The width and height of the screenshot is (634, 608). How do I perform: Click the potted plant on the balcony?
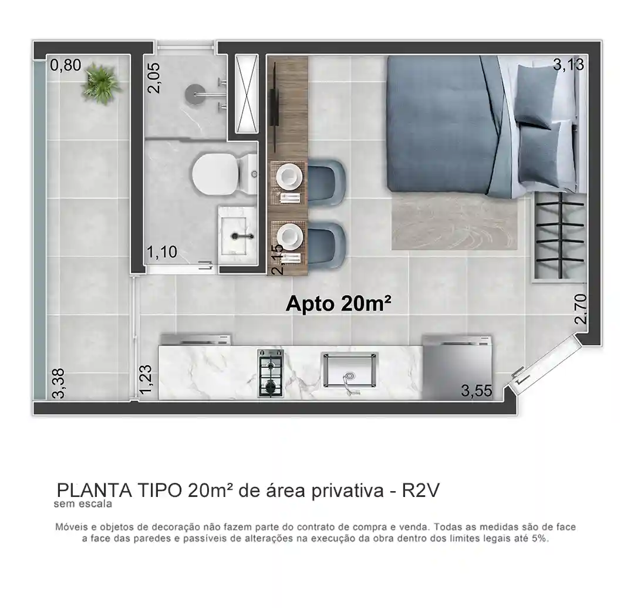[x=100, y=83]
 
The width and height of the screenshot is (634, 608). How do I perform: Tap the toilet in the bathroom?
[x=224, y=174]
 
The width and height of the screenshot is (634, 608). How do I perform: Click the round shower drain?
[x=195, y=95]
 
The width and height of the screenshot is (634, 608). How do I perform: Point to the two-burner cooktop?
[x=271, y=374]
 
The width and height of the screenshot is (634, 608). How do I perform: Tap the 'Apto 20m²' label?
[x=339, y=304]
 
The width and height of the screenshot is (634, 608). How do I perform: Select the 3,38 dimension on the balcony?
[x=58, y=383]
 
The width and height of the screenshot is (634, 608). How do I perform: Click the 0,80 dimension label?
[x=66, y=65]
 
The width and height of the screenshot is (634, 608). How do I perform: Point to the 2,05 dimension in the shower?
[x=154, y=78]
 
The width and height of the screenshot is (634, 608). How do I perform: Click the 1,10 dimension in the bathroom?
[x=162, y=252]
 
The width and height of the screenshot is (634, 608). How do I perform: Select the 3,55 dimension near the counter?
[x=477, y=391]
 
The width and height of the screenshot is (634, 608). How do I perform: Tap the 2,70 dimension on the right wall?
[x=581, y=308]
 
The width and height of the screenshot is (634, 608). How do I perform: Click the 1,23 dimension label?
[x=146, y=379]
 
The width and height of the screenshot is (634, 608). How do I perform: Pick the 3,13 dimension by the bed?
[x=568, y=64]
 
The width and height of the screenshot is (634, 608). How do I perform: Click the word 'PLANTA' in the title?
[x=94, y=491]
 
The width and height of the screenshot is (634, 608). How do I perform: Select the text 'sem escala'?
[x=83, y=504]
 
